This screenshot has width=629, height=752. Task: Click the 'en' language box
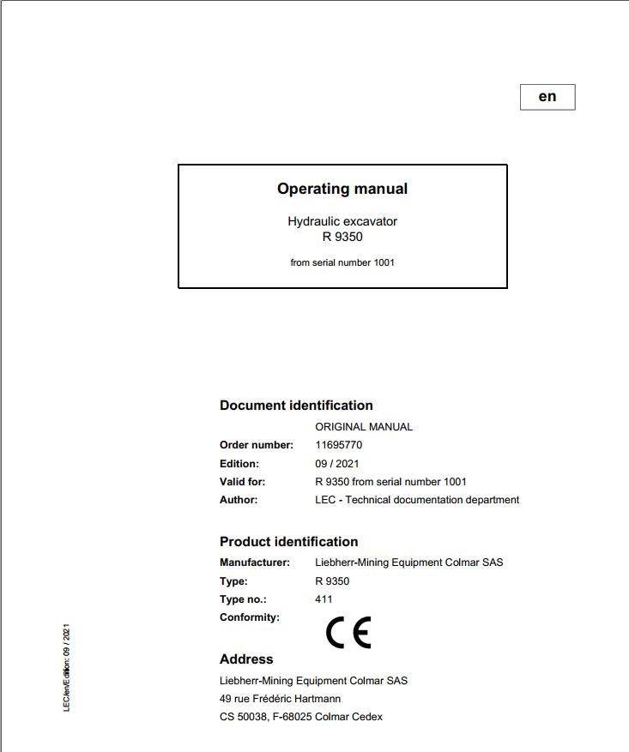point(547,97)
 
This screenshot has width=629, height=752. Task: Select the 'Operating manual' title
point(342,189)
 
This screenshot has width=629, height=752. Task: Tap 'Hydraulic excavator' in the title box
point(342,221)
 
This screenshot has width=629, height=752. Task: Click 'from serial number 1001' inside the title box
point(342,262)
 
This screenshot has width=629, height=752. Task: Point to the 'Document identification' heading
point(296,406)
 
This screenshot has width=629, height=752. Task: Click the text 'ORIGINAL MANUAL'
point(364,426)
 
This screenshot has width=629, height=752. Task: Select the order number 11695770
point(339,445)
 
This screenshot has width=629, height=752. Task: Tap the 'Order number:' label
point(257,445)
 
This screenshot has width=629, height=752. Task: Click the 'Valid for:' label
point(242,482)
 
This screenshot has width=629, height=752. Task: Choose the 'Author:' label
point(239,500)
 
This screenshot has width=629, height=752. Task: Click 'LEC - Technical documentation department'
point(417,500)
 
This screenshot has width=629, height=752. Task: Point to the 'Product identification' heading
point(288,542)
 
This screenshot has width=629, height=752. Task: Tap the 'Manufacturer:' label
point(255,562)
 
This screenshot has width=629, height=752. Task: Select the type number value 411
point(324,599)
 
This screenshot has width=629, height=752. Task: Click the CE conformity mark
point(348,633)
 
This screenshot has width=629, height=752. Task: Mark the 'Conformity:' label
point(250,617)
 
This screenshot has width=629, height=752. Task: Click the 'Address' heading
point(246,659)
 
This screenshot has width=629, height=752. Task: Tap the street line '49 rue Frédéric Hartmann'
point(280,699)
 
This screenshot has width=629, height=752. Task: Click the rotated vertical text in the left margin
point(67,668)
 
